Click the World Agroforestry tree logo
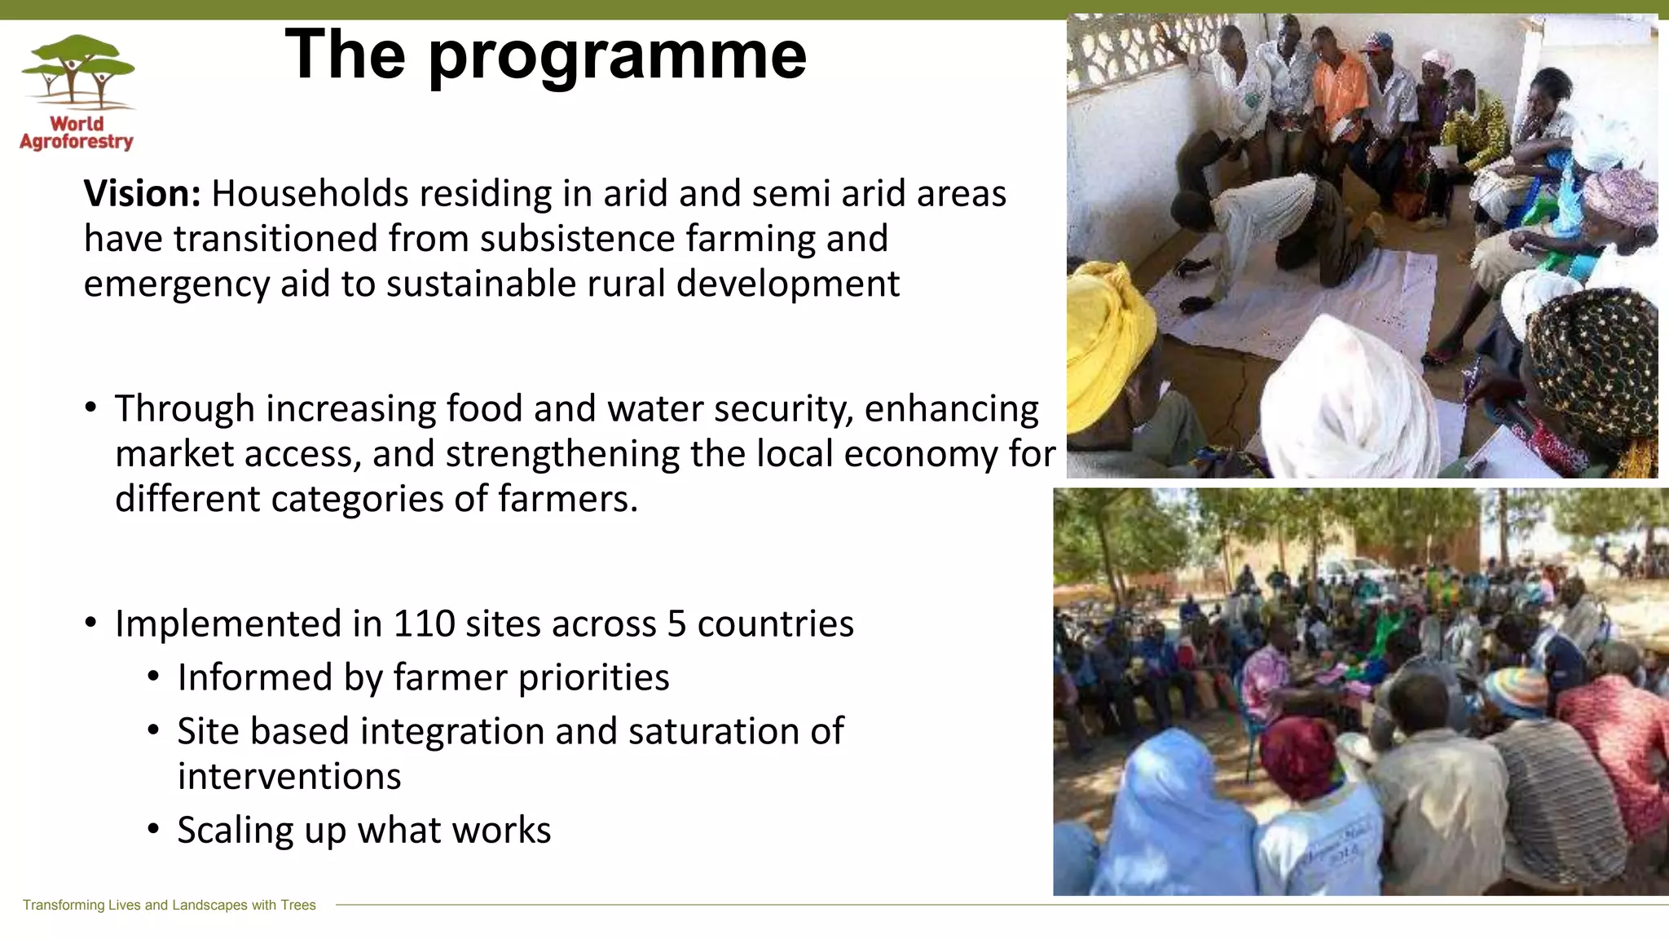[x=77, y=73]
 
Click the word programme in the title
[x=617, y=55]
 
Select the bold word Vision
[x=142, y=194]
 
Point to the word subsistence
[x=577, y=239]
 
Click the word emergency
[x=176, y=284]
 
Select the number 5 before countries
[x=676, y=624]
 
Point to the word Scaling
[x=236, y=831]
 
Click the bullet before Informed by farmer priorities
[x=154, y=677]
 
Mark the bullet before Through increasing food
[x=91, y=407]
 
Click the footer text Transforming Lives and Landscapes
[x=169, y=905]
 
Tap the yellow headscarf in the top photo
[x=1108, y=342]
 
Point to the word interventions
[x=289, y=777]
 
